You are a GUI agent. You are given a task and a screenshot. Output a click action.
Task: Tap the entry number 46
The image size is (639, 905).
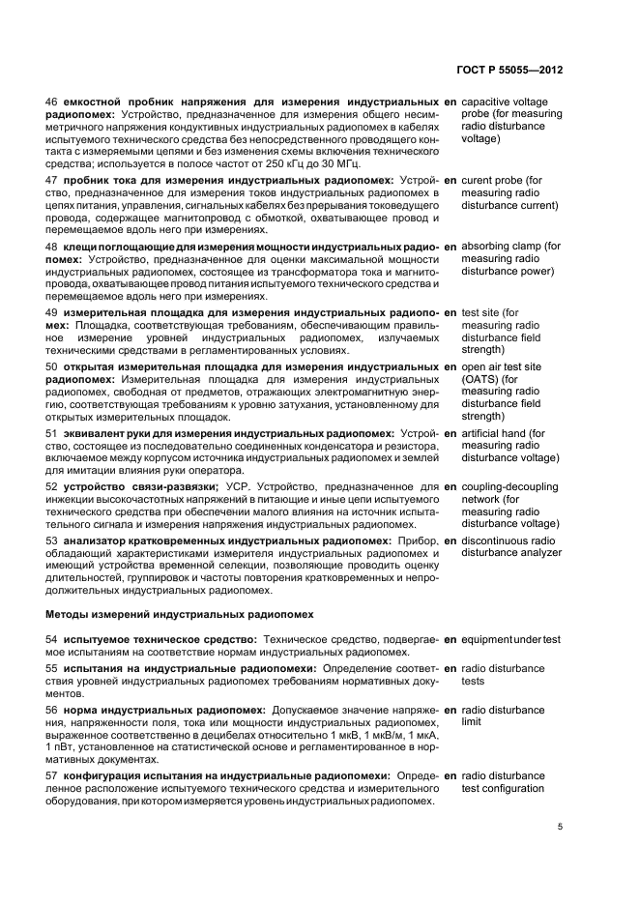pos(53,102)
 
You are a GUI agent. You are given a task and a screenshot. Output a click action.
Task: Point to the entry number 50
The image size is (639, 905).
pos(53,367)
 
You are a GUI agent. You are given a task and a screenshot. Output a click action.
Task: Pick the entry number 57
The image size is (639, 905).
pos(53,775)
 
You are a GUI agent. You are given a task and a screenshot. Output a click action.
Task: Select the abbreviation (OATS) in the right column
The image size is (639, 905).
pos(480,380)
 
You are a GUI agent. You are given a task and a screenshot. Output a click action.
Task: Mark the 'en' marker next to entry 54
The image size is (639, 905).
pos(450,639)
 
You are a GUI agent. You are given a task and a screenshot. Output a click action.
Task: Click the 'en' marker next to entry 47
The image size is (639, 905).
pos(450,181)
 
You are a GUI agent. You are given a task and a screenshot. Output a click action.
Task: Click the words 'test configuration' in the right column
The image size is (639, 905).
pos(503,788)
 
